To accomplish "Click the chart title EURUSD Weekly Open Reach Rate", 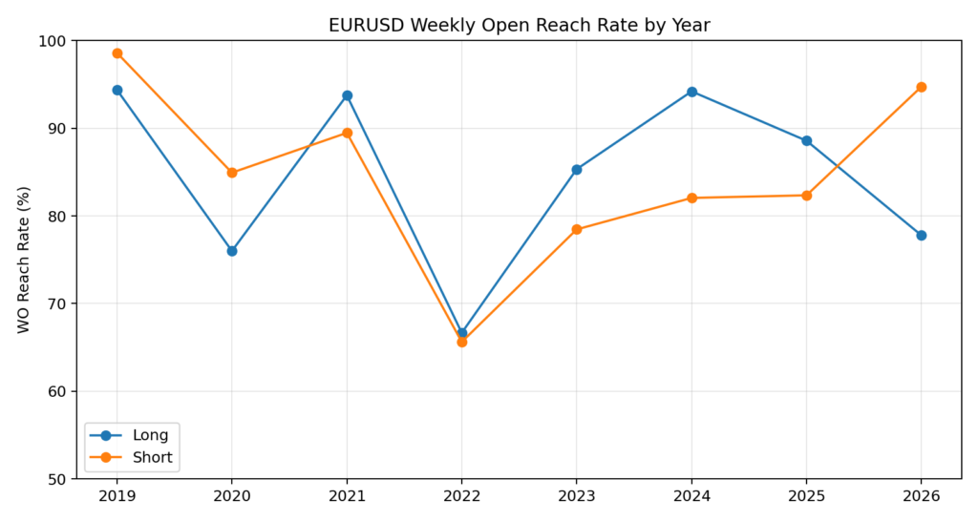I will [x=519, y=26].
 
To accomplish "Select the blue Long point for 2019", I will [x=117, y=91].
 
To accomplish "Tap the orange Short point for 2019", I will [x=117, y=53].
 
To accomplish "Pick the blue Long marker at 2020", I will [x=232, y=251].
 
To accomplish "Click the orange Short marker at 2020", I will [x=232, y=173].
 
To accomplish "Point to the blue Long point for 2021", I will [x=347, y=95].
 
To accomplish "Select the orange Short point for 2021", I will [x=347, y=134].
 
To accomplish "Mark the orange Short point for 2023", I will [x=577, y=230].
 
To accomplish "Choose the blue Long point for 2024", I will [x=691, y=92].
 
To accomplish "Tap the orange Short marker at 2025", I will [x=806, y=196].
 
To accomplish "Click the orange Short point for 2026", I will [x=921, y=87].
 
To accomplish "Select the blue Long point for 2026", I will [x=921, y=236].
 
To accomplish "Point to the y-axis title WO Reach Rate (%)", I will [x=24, y=260].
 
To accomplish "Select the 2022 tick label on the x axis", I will [x=462, y=497].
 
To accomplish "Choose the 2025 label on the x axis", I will [x=806, y=497].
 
